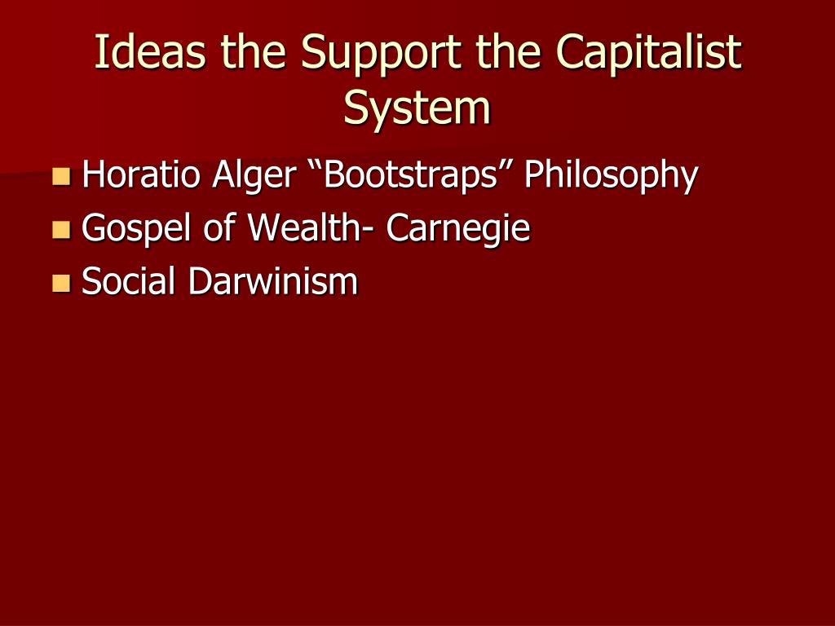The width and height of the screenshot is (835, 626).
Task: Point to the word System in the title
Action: click(x=417, y=108)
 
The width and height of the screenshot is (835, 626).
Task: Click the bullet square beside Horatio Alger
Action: click(x=61, y=175)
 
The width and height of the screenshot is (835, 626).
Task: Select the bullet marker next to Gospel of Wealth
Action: click(x=61, y=230)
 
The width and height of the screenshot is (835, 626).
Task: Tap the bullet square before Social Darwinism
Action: click(x=61, y=283)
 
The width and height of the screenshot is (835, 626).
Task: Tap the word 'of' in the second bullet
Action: click(x=219, y=228)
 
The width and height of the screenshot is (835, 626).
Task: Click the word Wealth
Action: click(x=302, y=228)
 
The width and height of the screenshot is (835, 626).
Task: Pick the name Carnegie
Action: click(x=458, y=230)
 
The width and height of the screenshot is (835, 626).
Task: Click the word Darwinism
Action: click(x=273, y=282)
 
